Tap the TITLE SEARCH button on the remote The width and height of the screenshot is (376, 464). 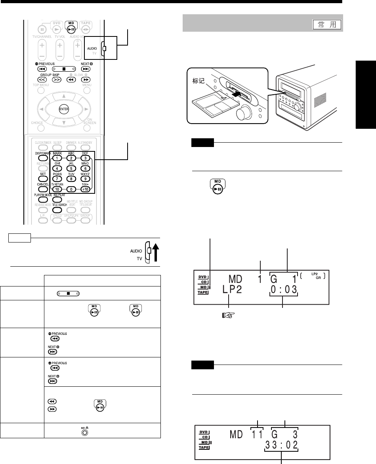click(x=58, y=210)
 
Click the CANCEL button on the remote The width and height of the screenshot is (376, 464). click(x=43, y=189)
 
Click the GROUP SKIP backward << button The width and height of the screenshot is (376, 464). click(x=43, y=79)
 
